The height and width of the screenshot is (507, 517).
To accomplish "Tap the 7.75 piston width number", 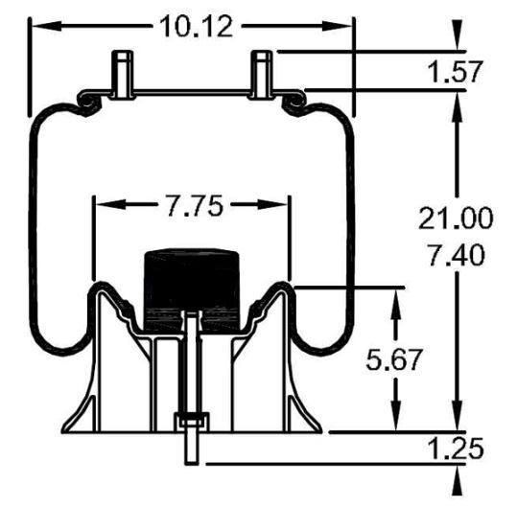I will [191, 207].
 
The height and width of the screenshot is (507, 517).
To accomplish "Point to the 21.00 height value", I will [456, 219].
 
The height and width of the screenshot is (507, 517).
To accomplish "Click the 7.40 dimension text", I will [456, 256].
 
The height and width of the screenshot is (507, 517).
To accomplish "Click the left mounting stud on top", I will [121, 73].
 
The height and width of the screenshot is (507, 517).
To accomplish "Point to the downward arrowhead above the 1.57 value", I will [458, 44].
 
